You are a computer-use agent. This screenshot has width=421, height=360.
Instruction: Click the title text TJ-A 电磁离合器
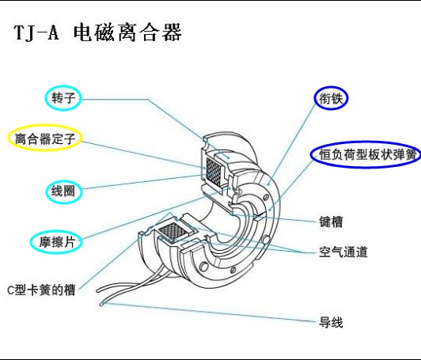coord(98,33)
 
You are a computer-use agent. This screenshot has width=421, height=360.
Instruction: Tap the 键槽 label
coord(331,222)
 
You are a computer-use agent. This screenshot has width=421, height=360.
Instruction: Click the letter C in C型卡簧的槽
coord(11,290)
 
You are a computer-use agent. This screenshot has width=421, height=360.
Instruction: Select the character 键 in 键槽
coord(325,222)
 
